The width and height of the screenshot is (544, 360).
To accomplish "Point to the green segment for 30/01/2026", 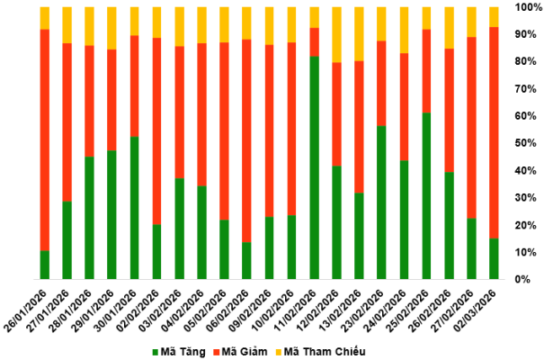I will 135,207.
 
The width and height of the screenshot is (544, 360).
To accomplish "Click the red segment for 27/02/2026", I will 471,127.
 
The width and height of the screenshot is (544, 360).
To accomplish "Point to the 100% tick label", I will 526,7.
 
